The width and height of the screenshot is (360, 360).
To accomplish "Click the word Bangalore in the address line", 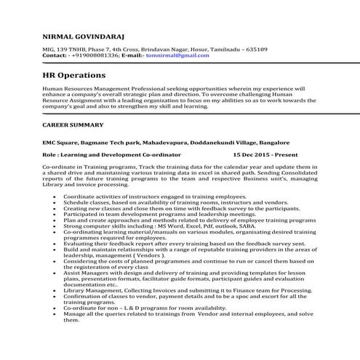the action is (x=273, y=143).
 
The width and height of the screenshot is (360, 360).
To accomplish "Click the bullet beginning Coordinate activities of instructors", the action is (x=145, y=197).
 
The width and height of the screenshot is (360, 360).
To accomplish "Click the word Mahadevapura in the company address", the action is (x=143, y=143).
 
